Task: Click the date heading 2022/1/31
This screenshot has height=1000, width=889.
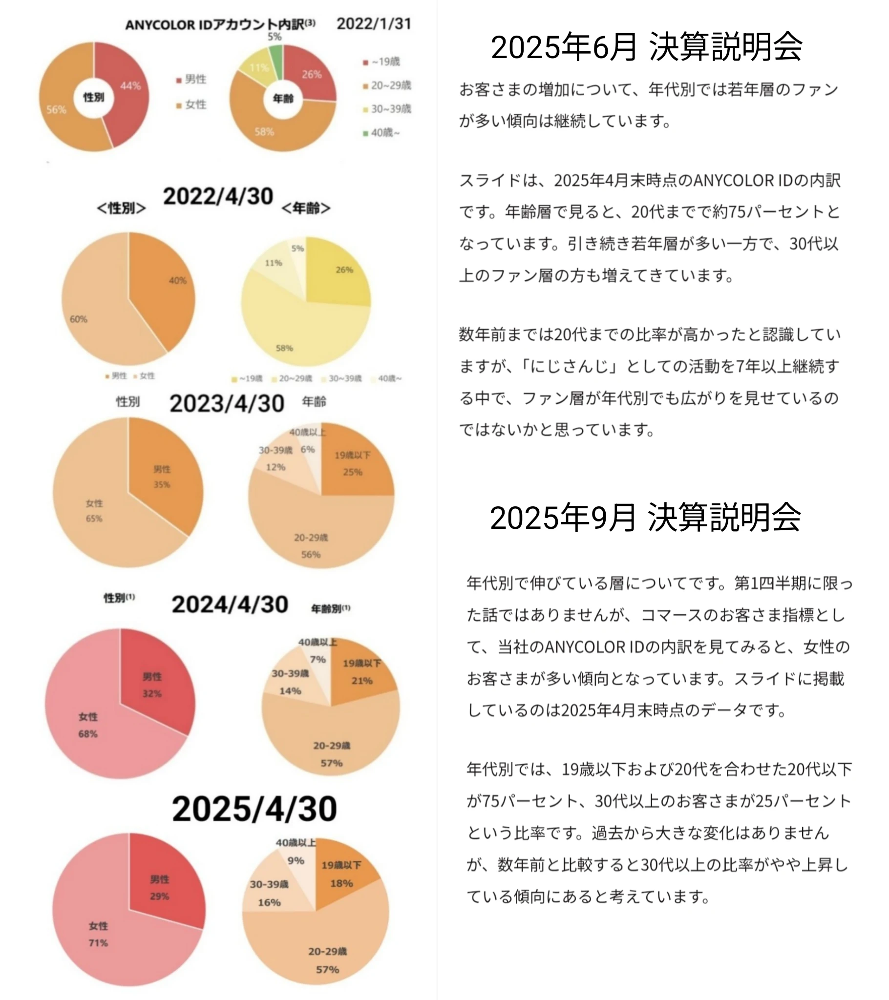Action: coord(374,23)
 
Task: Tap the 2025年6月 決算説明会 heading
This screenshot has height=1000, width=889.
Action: coord(646,47)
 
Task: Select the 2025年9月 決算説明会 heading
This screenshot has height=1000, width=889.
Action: coord(645,517)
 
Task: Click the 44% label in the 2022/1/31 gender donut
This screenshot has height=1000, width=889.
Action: coord(130,86)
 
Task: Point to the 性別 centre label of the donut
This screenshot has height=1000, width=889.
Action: coord(93,97)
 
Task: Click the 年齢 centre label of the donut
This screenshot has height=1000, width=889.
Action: coord(283,98)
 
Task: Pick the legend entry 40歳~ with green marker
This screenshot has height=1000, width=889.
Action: coord(382,133)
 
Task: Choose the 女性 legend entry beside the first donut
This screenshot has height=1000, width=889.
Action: coord(192,104)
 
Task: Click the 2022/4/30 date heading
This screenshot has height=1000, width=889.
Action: coord(218,196)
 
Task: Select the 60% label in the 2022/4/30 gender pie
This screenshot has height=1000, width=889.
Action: coord(78,319)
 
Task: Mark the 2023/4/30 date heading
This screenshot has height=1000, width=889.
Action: coord(227,404)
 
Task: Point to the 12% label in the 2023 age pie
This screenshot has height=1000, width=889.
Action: coord(275,467)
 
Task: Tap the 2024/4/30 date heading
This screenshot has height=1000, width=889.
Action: coord(230,604)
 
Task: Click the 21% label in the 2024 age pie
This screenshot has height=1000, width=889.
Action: coord(362,681)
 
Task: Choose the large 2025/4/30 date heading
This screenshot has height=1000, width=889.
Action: coord(254,809)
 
